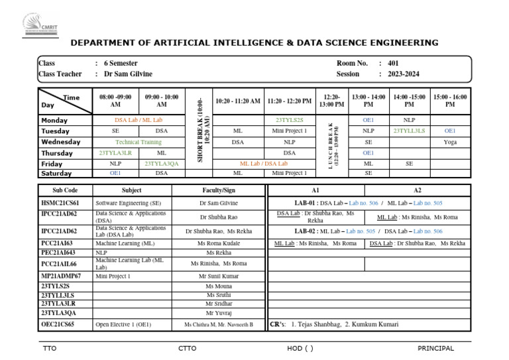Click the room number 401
[x=394, y=63]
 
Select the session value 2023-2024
[x=404, y=74]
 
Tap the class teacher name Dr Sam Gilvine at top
[x=128, y=74]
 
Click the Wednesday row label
[x=60, y=142]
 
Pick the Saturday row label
[x=56, y=173]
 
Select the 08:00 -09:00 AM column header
[x=115, y=101]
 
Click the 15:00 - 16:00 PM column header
[x=450, y=101]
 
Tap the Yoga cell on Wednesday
[x=450, y=142]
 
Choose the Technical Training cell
[x=139, y=142]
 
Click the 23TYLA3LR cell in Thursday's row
[x=115, y=152]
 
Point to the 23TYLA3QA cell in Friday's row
[x=162, y=163]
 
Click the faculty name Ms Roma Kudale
[x=219, y=244]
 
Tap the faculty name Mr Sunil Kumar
[x=219, y=276]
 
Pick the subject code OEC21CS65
[x=58, y=325]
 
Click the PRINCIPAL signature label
[x=435, y=348]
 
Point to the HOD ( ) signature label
[x=300, y=348]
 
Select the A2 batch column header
[x=418, y=190]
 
